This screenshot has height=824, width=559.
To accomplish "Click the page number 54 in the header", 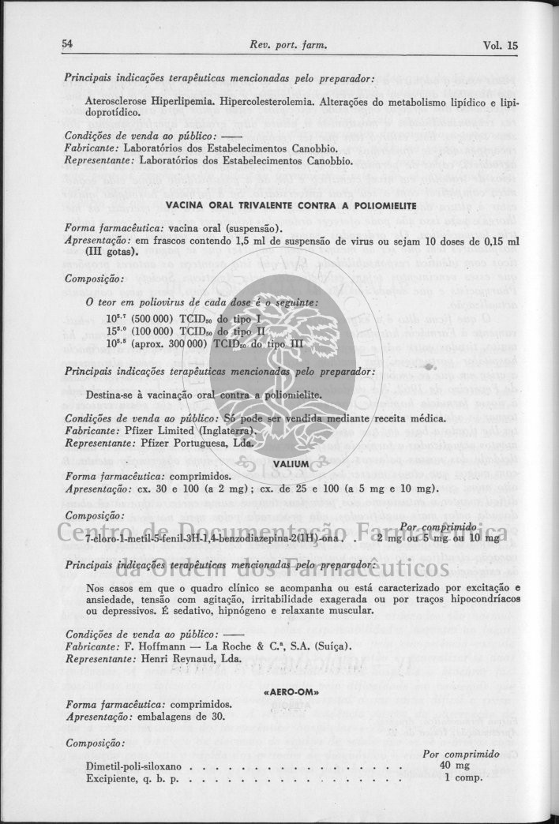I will click(x=68, y=45).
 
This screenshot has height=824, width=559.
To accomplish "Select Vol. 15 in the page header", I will click(x=501, y=46).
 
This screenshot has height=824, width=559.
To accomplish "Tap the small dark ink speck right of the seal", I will click(x=429, y=367).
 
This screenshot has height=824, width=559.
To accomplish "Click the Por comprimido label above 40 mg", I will click(x=460, y=755).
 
